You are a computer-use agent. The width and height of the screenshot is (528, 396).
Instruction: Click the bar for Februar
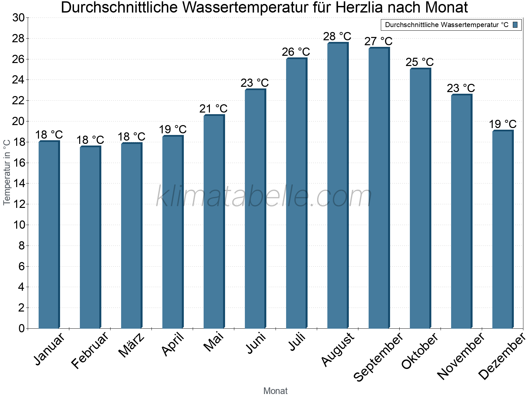click(x=90, y=237)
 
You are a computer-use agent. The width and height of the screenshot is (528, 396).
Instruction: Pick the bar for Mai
click(x=214, y=221)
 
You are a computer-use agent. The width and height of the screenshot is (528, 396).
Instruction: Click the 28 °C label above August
click(x=337, y=36)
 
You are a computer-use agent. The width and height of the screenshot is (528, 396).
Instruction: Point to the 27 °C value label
click(x=379, y=42)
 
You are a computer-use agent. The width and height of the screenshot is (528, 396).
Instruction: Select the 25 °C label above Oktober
click(x=420, y=62)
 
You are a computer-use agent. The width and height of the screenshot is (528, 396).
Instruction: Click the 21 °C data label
click(x=214, y=109)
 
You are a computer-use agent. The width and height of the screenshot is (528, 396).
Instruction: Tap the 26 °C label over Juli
click(x=296, y=52)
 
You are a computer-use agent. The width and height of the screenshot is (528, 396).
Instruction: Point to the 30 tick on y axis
click(x=18, y=18)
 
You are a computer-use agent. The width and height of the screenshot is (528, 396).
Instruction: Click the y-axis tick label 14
click(x=18, y=183)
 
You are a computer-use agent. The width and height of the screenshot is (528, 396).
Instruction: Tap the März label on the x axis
click(x=132, y=345)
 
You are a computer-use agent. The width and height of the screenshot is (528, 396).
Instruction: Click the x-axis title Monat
click(x=276, y=391)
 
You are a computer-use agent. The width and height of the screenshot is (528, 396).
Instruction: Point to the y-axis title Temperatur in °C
click(x=7, y=172)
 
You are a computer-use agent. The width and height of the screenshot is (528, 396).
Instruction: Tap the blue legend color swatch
click(x=515, y=25)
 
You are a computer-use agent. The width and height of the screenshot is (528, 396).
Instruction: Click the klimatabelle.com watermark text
click(x=264, y=197)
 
